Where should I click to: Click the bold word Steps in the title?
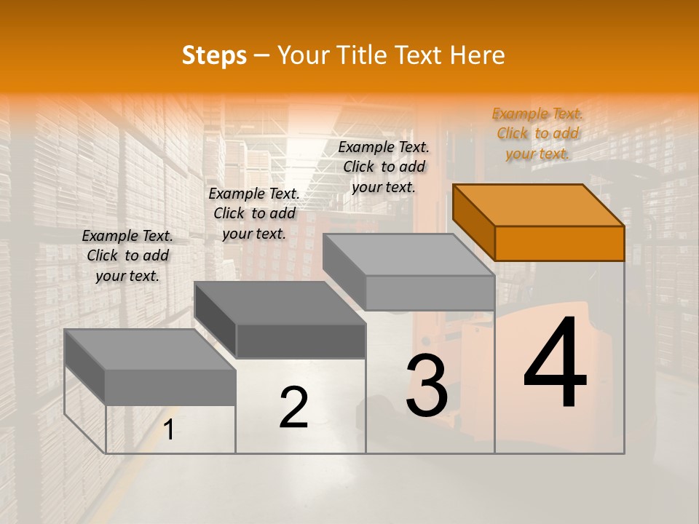[214, 55]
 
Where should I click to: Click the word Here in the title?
[477, 55]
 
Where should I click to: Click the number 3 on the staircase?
[426, 386]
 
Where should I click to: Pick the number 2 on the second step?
[293, 408]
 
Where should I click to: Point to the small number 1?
[168, 430]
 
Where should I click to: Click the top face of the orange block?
[539, 205]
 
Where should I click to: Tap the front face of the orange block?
[559, 243]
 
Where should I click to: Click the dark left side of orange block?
[473, 221]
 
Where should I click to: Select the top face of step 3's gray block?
[408, 255]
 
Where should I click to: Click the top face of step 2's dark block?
[279, 302]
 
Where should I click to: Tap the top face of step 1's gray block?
[149, 349]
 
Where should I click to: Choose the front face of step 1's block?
[170, 386]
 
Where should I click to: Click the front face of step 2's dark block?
[301, 341]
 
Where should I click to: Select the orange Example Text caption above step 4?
[537, 133]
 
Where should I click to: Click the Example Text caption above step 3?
[384, 167]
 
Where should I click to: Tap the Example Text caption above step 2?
[254, 213]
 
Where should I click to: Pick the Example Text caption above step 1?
[127, 255]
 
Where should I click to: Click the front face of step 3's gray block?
[430, 293]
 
